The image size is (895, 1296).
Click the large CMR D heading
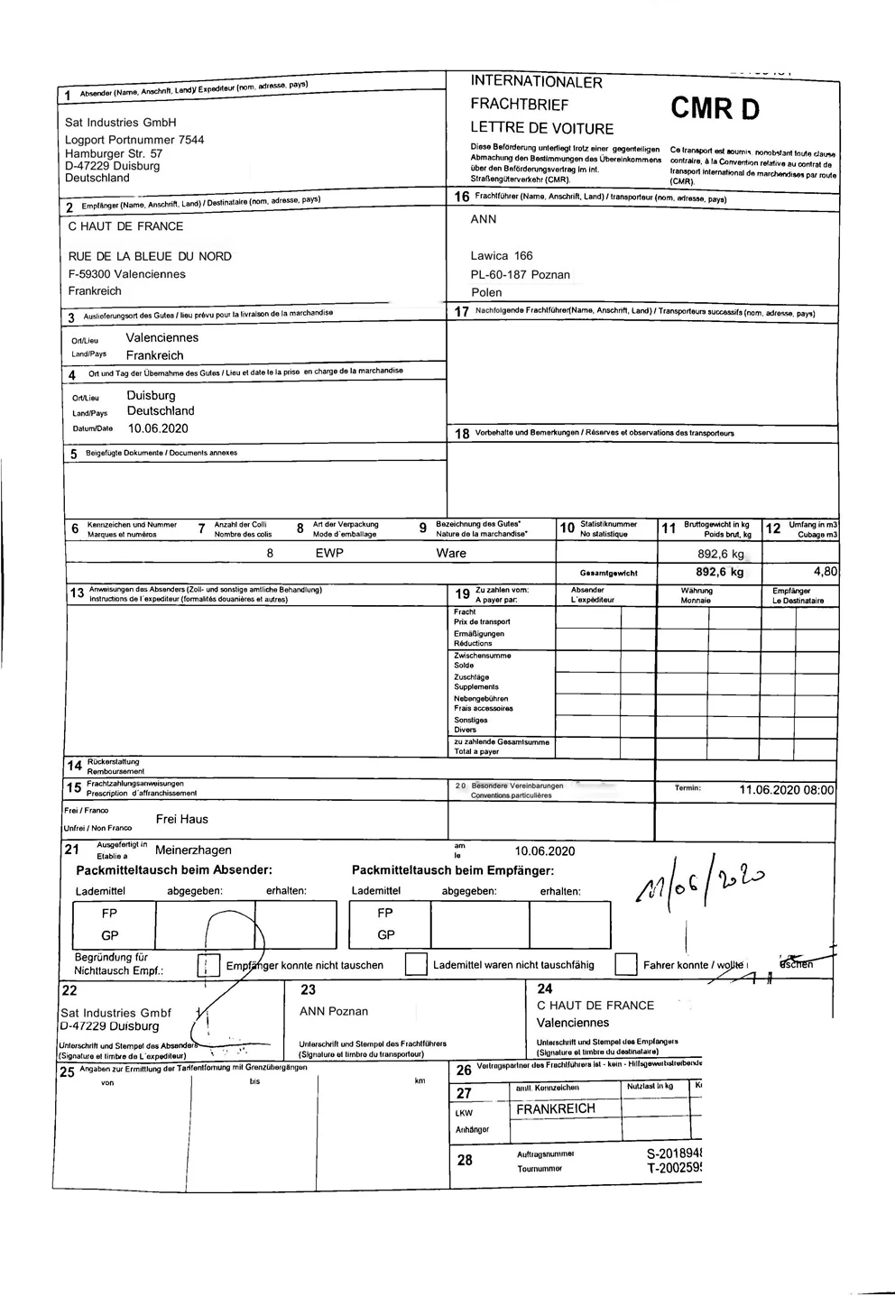click(x=715, y=109)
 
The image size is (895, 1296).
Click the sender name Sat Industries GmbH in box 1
click(x=120, y=122)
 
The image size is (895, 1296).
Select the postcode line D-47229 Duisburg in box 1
click(x=112, y=166)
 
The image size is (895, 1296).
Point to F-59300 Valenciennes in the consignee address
click(x=126, y=274)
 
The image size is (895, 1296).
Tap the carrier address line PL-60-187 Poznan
click(x=519, y=274)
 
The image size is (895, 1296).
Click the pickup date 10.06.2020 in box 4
click(x=157, y=428)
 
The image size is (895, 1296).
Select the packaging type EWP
click(x=329, y=554)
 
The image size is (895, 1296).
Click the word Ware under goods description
click(x=451, y=554)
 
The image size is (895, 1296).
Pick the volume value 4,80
click(x=825, y=572)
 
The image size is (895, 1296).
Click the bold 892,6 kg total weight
click(x=719, y=572)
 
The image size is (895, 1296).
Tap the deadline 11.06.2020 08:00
click(x=786, y=790)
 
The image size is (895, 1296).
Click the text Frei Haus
click(x=181, y=819)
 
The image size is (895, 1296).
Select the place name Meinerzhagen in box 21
click(x=193, y=850)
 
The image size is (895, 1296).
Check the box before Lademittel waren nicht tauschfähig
click(x=416, y=964)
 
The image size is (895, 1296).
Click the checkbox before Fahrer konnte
click(x=626, y=964)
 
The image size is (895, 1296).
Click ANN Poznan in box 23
click(x=334, y=1011)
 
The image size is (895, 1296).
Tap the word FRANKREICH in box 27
click(x=556, y=1108)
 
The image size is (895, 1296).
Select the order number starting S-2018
click(x=674, y=1154)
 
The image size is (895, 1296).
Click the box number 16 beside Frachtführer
click(x=461, y=197)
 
